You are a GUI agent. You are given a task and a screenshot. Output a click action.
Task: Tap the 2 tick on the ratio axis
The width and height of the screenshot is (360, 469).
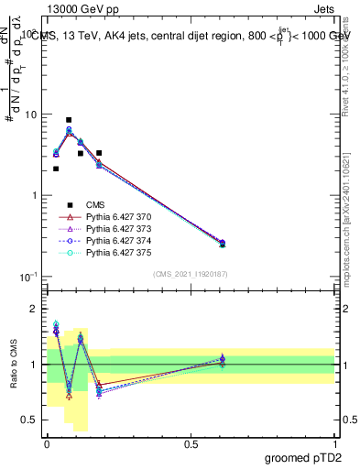[x=34, y=310]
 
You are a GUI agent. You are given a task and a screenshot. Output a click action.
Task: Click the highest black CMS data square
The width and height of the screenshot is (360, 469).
[x=69, y=120]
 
